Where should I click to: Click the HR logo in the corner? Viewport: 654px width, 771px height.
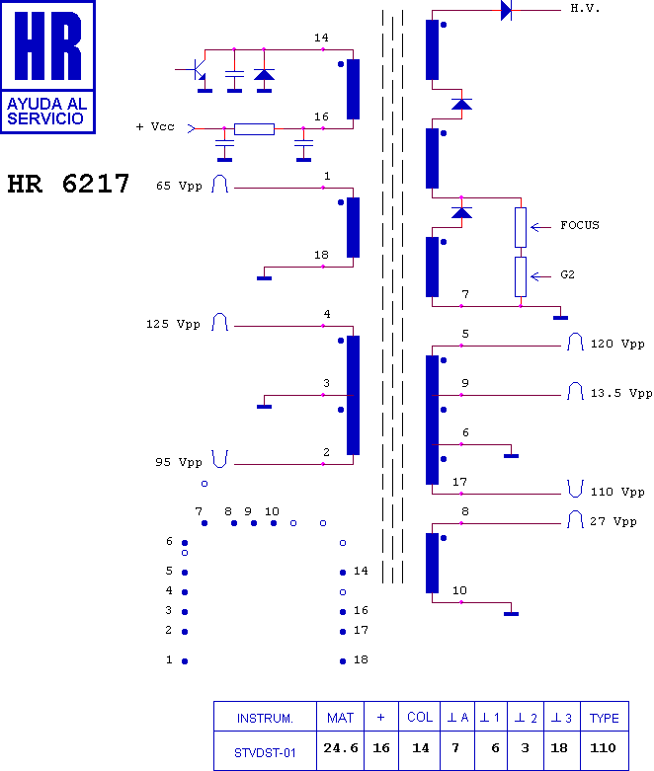click(x=48, y=66)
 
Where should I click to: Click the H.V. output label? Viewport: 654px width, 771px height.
click(x=585, y=9)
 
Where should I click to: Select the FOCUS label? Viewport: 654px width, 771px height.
click(x=579, y=226)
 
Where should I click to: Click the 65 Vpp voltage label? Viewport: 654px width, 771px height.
click(x=179, y=186)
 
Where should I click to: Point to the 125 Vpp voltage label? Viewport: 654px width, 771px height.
click(x=173, y=324)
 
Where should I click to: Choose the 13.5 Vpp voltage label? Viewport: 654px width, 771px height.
click(x=621, y=393)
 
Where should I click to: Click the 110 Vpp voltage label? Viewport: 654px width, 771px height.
click(x=618, y=492)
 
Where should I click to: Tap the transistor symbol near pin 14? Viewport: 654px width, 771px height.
click(x=197, y=72)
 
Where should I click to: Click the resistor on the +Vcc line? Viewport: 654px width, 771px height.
click(x=254, y=128)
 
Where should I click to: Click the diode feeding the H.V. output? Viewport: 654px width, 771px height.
click(x=506, y=10)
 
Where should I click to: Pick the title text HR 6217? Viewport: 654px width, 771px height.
click(x=68, y=185)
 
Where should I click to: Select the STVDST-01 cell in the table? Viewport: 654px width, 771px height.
click(x=265, y=752)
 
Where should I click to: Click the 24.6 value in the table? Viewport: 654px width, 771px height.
click(x=339, y=748)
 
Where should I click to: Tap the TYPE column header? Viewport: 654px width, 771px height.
click(x=604, y=718)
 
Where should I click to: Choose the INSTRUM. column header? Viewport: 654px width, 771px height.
click(x=265, y=718)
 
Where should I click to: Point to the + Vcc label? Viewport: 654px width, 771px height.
click(x=155, y=127)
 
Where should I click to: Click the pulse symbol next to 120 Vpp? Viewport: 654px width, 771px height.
click(x=575, y=343)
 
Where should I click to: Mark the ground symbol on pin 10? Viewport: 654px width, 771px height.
click(x=511, y=613)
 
